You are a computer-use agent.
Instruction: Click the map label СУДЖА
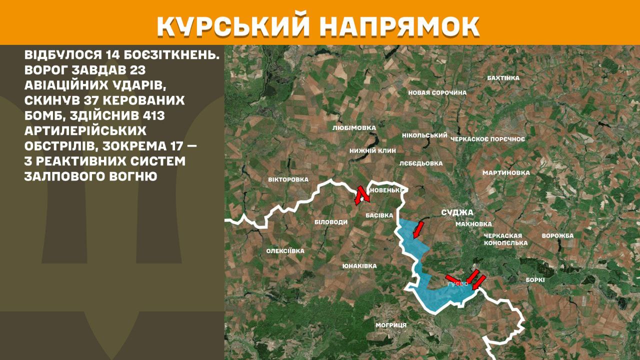pyautogui.click(x=457, y=212)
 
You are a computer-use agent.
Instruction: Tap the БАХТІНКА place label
pyautogui.click(x=503, y=78)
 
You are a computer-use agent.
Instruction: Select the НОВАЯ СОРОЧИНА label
pyautogui.click(x=437, y=92)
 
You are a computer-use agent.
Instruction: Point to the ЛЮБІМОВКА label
pyautogui.click(x=354, y=128)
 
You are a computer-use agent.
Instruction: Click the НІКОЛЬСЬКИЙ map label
pyautogui.click(x=424, y=135)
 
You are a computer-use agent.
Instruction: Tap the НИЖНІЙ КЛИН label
pyautogui.click(x=372, y=150)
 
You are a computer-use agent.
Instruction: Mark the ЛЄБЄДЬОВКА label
pyautogui.click(x=421, y=163)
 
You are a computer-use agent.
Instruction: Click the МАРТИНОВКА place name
pyautogui.click(x=506, y=173)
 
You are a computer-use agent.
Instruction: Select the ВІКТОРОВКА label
pyautogui.click(x=288, y=179)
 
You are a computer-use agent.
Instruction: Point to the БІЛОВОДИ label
pyautogui.click(x=330, y=222)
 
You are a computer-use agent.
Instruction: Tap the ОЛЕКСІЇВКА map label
pyautogui.click(x=285, y=251)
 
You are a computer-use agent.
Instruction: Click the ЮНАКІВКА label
pyautogui.click(x=359, y=266)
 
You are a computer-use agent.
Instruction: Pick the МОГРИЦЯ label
pyautogui.click(x=391, y=325)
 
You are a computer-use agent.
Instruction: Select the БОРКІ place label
pyautogui.click(x=535, y=280)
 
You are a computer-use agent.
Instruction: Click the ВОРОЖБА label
pyautogui.click(x=557, y=235)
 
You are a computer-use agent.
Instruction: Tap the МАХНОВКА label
pyautogui.click(x=473, y=224)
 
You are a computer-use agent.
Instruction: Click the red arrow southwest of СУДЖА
pyautogui.click(x=418, y=230)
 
